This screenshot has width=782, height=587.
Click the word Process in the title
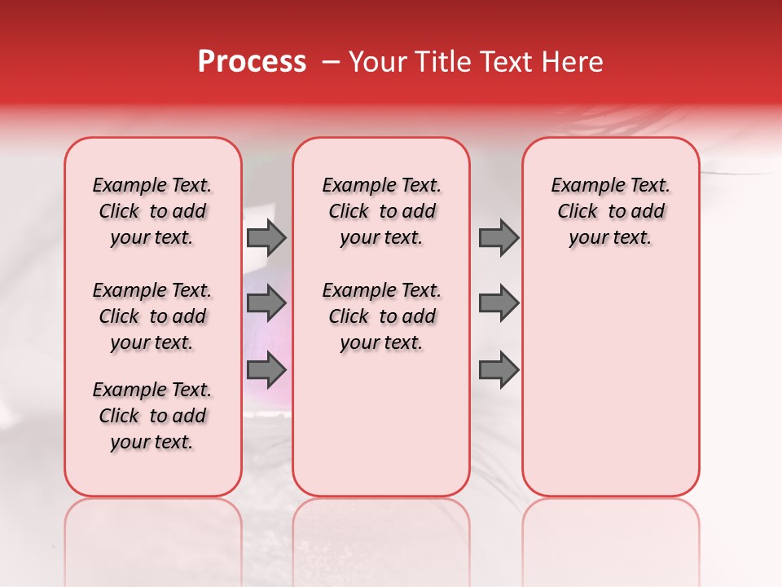coord(252,62)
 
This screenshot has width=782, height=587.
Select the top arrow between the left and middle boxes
coord(266,237)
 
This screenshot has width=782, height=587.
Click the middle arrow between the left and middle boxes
coord(266,303)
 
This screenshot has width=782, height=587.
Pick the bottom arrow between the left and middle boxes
coord(266,369)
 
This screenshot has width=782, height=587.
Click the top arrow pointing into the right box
coord(499,237)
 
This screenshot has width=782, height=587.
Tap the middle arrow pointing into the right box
coord(499,303)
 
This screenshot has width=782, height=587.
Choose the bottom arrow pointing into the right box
coord(499,369)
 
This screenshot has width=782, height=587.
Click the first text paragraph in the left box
coord(152,211)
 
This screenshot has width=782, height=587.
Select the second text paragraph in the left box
coord(152,316)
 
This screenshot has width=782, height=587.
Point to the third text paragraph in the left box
coord(152,416)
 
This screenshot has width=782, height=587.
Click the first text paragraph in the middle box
coord(382,211)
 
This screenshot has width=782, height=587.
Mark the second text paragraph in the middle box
coord(382,316)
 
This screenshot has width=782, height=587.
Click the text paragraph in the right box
coord(610,211)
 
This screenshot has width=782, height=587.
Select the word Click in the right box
coord(578,212)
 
